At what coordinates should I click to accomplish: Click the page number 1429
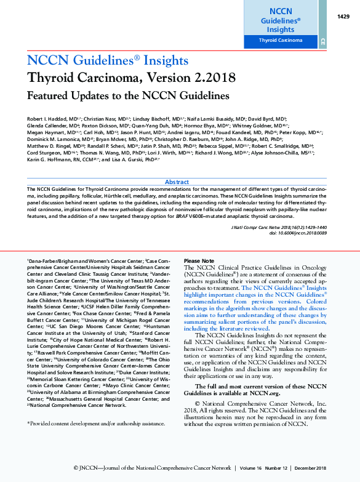[x=343, y=17]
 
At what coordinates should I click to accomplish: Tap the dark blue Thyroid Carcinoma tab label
[x=281, y=40]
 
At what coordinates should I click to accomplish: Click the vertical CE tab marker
[x=322, y=41]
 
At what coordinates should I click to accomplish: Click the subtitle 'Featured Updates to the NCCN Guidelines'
[x=128, y=96]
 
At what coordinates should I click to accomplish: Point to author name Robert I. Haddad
[x=48, y=118]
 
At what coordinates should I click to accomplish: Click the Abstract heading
[x=177, y=182]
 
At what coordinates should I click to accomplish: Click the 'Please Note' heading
[x=199, y=262]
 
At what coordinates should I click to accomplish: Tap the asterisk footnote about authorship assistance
[x=96, y=424]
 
